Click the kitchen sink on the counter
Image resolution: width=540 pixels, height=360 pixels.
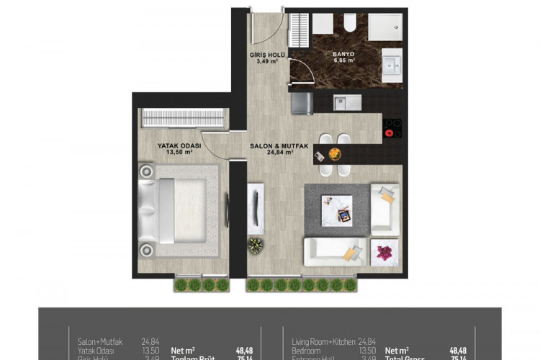[x=348, y=103]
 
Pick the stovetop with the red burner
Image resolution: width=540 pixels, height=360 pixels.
[x=392, y=128]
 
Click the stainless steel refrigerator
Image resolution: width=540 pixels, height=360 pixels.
[x=302, y=103]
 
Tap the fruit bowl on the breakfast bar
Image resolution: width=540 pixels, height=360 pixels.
[x=335, y=153]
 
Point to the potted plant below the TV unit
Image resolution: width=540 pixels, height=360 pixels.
[x=256, y=246]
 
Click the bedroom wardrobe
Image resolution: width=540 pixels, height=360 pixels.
[x=184, y=117]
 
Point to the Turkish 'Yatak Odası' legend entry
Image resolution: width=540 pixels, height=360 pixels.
[x=96, y=351]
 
